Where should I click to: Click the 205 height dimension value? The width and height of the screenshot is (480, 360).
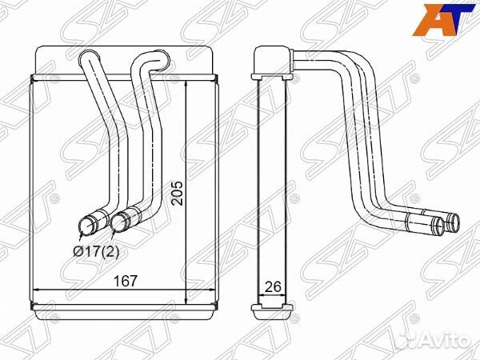(x=177, y=193)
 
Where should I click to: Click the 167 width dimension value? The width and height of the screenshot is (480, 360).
(x=126, y=281)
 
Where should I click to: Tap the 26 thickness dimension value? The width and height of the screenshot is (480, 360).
(x=273, y=286)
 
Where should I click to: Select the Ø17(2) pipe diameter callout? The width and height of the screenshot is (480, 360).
(x=95, y=252)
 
